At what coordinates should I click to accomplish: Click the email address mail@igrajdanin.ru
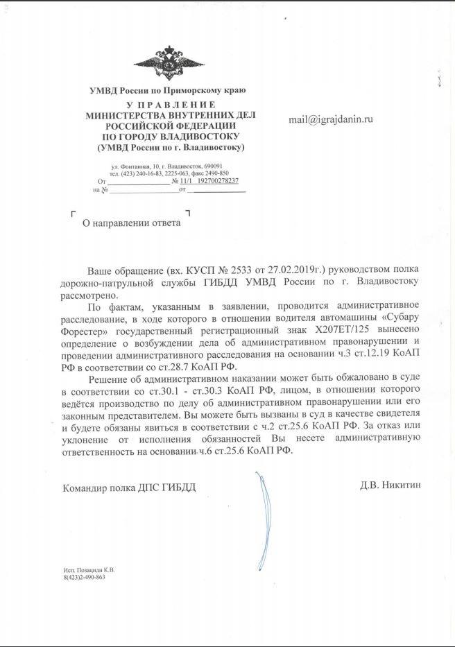331,120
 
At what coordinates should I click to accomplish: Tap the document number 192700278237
209,180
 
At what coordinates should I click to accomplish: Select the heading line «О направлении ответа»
131,223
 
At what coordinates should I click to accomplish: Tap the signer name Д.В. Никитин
388,485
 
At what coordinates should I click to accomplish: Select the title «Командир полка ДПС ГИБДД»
129,488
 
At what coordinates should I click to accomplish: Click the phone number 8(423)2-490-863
84,577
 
